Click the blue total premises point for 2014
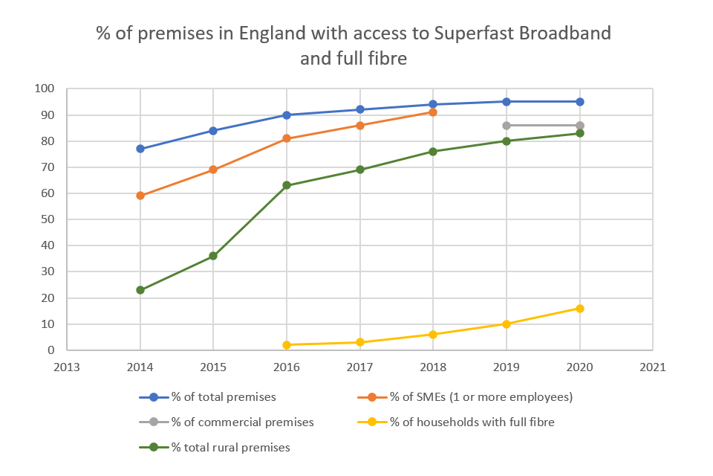point(140,149)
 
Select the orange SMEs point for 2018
point(433,112)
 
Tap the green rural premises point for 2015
point(213,256)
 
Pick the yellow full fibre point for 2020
point(580,308)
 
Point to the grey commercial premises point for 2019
point(507,125)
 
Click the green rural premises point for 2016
point(287,185)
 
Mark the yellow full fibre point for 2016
point(287,344)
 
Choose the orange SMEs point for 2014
point(140,196)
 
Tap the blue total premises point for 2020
point(580,102)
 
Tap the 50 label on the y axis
point(48,219)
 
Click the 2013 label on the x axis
point(67,367)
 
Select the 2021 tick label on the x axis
point(653,367)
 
